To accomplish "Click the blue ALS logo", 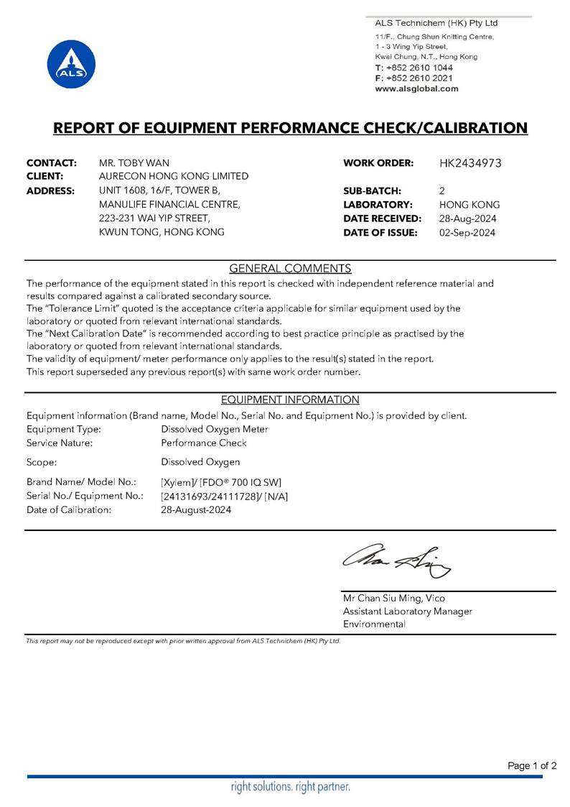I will pos(67,65).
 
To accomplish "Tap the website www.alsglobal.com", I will pos(416,88).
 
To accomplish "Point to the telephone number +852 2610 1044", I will pos(419,67).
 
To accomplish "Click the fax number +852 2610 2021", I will pos(419,78).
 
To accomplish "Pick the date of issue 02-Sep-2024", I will pos(467,232).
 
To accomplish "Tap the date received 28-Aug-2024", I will pos(467,218).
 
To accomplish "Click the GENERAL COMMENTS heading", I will pos(290,269).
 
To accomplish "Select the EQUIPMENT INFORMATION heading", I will pos(290,400).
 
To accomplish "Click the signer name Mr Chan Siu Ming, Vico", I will pos(393,598).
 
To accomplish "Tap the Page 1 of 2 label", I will pos(532,765).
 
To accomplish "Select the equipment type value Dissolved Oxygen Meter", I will pos(215,429).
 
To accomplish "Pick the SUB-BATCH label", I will pos(372,190).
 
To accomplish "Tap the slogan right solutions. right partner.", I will pos(290,787).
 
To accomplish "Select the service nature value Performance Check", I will pos(204,443).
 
